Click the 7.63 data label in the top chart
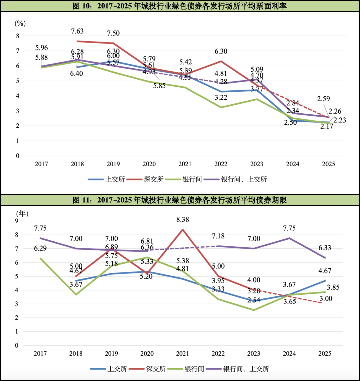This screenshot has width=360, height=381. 77,31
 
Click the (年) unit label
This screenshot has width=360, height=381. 23,213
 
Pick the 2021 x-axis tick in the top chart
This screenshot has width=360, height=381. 185,164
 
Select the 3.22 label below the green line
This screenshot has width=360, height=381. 221,98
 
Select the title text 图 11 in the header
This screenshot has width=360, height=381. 82,200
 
